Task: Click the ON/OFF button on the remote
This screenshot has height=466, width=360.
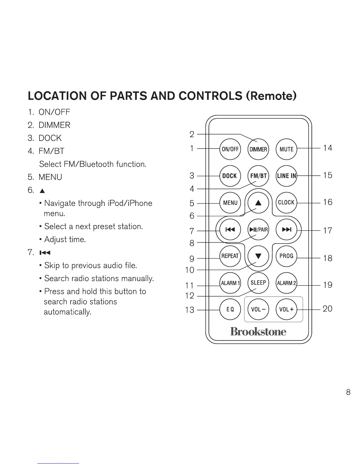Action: tap(230, 149)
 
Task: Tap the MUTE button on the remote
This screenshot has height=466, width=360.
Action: tap(286, 149)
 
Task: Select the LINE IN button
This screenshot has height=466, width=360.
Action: tap(286, 176)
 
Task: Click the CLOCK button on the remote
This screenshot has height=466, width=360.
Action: tap(286, 202)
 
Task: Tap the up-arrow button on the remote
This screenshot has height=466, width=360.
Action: tap(258, 203)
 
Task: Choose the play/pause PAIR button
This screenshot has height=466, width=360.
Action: tap(258, 229)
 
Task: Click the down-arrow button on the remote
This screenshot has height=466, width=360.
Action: tap(258, 256)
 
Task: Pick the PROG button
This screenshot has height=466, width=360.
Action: tap(286, 256)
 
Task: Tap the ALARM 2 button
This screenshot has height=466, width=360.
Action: tap(286, 283)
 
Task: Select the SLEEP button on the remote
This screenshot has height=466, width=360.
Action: tap(258, 283)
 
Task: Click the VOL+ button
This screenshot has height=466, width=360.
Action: tap(286, 309)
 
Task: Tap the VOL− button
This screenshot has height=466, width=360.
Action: tap(258, 309)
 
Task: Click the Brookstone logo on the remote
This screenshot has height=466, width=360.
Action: tap(258, 332)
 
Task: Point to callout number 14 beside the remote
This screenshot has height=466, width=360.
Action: tap(328, 148)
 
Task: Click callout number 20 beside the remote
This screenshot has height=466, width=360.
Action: tap(328, 309)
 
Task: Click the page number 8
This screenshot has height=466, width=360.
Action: tap(348, 392)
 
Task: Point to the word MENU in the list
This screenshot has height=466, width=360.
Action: tap(50, 177)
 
